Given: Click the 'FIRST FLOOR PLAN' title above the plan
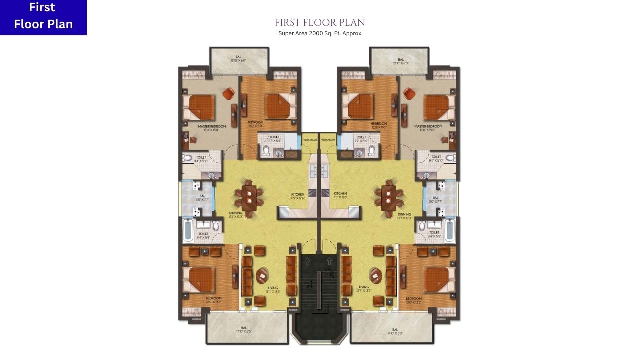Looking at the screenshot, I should pos(320,23).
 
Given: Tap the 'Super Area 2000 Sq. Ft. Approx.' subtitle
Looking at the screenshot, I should pos(320,33).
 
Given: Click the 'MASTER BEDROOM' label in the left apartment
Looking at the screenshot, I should pos(212,127).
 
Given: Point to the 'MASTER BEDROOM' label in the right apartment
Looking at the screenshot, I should pos(428,127).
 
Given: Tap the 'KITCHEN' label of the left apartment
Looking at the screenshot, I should pos(298,194).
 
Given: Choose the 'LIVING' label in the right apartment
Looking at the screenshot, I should pos(364,287).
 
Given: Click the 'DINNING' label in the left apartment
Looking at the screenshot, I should pos(236,213).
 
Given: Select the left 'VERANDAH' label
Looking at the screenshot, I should pos(310,140).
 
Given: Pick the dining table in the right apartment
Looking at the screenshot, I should pos(388,197).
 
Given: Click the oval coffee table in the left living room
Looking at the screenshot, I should pos(262,275).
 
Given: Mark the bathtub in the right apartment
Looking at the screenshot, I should pos(450,230).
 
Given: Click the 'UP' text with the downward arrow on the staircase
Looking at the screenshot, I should pos(329,271).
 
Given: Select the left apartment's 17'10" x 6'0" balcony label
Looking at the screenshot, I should pos(244,330).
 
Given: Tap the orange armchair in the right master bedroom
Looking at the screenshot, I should pos(408,93).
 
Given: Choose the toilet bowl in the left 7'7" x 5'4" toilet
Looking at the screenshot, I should pos(266,150).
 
